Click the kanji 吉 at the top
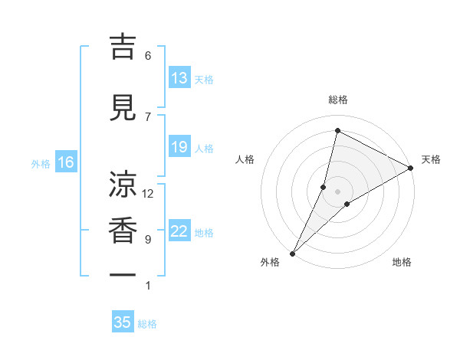click(x=123, y=47)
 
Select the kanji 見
click(x=123, y=108)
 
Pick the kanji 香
click(x=123, y=231)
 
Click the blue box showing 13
click(x=179, y=78)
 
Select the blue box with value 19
click(x=179, y=147)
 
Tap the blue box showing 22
click(x=179, y=231)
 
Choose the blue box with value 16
click(x=66, y=162)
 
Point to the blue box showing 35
click(x=123, y=322)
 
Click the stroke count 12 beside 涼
click(x=148, y=194)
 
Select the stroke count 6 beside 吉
click(x=148, y=56)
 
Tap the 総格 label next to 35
click(x=147, y=324)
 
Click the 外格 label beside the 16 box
click(x=41, y=163)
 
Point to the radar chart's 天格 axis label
click(x=431, y=159)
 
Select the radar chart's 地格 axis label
click(x=402, y=262)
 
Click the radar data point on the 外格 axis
click(x=292, y=253)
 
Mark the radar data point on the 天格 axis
click(x=411, y=168)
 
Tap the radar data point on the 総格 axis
click(x=337, y=130)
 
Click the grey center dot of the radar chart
click(x=337, y=191)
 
